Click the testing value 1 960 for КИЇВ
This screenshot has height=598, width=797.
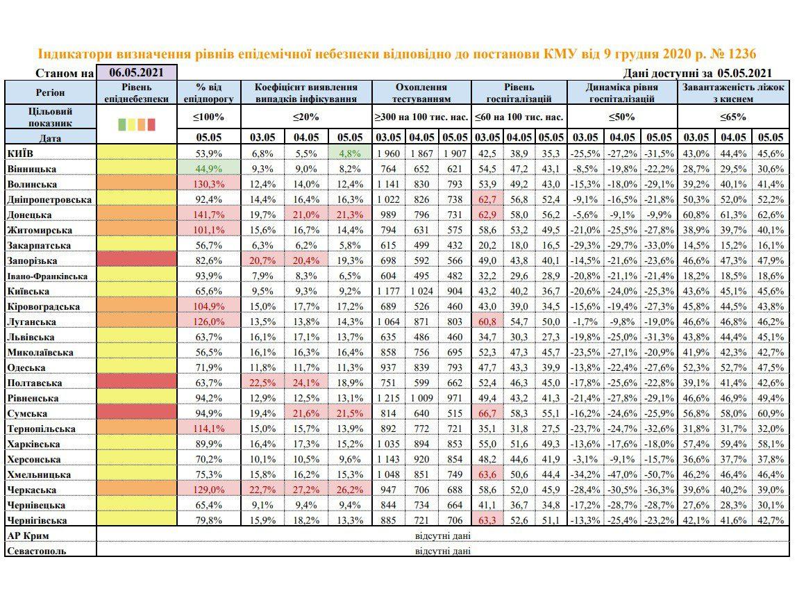click(389, 153)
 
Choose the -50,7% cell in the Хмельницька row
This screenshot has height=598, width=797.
click(657, 474)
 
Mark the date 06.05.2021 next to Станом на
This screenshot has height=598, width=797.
click(137, 72)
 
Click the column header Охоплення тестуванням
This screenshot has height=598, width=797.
click(421, 93)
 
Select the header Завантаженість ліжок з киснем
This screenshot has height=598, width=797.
click(733, 93)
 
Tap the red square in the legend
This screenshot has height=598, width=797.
click(151, 124)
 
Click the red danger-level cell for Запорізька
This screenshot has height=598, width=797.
click(137, 260)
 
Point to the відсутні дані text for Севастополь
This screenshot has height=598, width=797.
click(442, 551)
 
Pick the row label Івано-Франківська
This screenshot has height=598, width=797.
click(47, 276)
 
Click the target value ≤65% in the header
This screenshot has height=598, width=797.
click(733, 117)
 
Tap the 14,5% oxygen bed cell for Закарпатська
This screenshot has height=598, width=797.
click(696, 245)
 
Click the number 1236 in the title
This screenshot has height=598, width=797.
click(738, 54)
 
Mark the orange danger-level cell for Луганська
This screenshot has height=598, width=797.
click(137, 322)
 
